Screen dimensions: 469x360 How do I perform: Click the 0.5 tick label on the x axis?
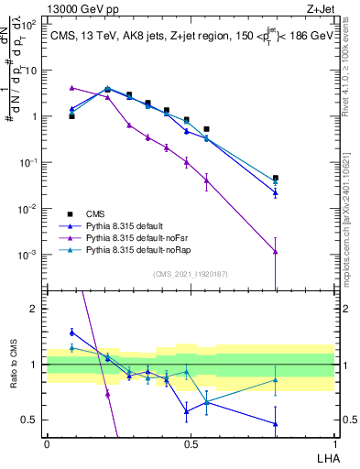(191, 443)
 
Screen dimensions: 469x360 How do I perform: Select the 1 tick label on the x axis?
(334, 443)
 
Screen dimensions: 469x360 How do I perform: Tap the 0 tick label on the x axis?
(47, 443)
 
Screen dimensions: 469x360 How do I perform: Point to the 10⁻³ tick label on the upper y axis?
(30, 254)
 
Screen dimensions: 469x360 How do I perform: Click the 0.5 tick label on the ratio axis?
(30, 420)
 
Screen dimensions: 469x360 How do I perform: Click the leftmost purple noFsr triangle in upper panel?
(72, 88)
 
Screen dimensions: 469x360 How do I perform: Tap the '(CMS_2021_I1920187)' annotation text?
(190, 274)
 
